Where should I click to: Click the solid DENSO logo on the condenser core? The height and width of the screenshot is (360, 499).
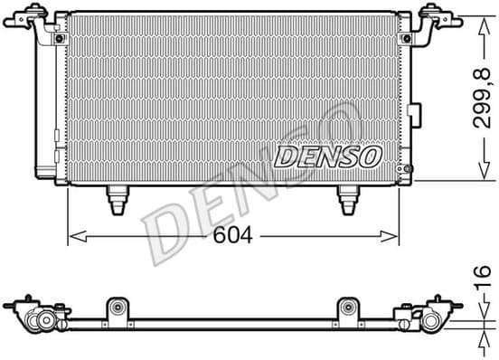(327, 159)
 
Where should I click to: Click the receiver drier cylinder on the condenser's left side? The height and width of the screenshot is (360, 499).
(44, 109)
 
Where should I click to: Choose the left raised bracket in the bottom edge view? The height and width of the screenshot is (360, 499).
(117, 308)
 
